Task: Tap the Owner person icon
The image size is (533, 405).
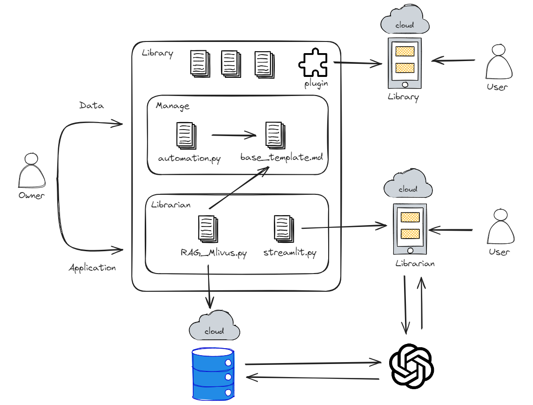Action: click(x=32, y=171)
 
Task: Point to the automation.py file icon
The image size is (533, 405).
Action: click(x=186, y=135)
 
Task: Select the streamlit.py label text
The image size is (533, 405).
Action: click(x=290, y=253)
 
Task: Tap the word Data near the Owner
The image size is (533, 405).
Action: click(x=92, y=106)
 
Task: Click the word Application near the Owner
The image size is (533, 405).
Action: click(x=92, y=268)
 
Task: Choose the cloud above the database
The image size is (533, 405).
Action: click(x=215, y=326)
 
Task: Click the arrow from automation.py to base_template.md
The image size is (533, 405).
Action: click(x=234, y=136)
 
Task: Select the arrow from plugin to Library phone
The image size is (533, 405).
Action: click(x=358, y=64)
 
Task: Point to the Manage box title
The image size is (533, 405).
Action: click(x=173, y=106)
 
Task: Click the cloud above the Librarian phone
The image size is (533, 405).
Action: click(x=408, y=185)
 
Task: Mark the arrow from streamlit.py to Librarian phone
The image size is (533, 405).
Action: click(x=344, y=227)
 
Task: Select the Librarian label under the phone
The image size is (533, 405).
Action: click(x=415, y=263)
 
